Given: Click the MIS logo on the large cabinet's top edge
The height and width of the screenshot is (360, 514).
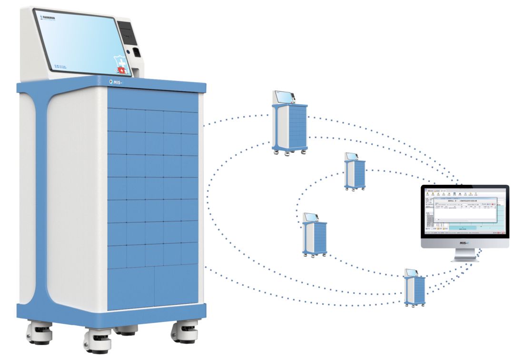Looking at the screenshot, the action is point(117,81).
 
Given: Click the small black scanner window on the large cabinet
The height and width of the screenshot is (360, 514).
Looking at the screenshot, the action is point(136,52).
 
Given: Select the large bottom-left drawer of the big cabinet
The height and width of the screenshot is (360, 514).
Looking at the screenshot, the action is point(131,288).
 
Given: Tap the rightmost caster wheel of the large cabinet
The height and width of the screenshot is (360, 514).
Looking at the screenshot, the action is point(184,330).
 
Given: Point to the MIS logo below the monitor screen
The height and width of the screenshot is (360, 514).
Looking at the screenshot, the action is point(465,243).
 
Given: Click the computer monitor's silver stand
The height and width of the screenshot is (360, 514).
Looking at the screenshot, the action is point(465,255).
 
